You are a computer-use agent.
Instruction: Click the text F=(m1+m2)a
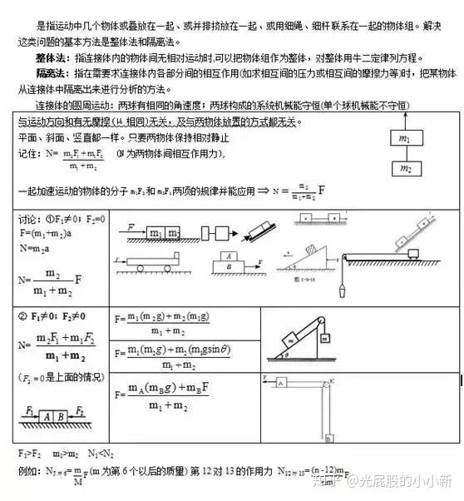(x=47, y=235)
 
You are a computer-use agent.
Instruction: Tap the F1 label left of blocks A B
(x=31, y=409)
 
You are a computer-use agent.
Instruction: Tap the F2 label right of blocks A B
(x=80, y=409)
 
